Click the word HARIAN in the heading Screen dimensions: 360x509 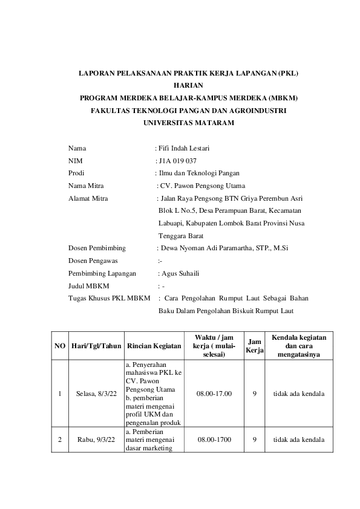pyautogui.click(x=189, y=85)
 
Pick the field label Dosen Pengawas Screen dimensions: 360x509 pyautogui.click(x=93, y=261)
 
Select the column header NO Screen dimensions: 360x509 pyautogui.click(x=60, y=346)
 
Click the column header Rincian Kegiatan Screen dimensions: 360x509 pyautogui.click(x=154, y=346)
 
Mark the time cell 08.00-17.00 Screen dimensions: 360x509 pyautogui.click(x=214, y=394)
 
